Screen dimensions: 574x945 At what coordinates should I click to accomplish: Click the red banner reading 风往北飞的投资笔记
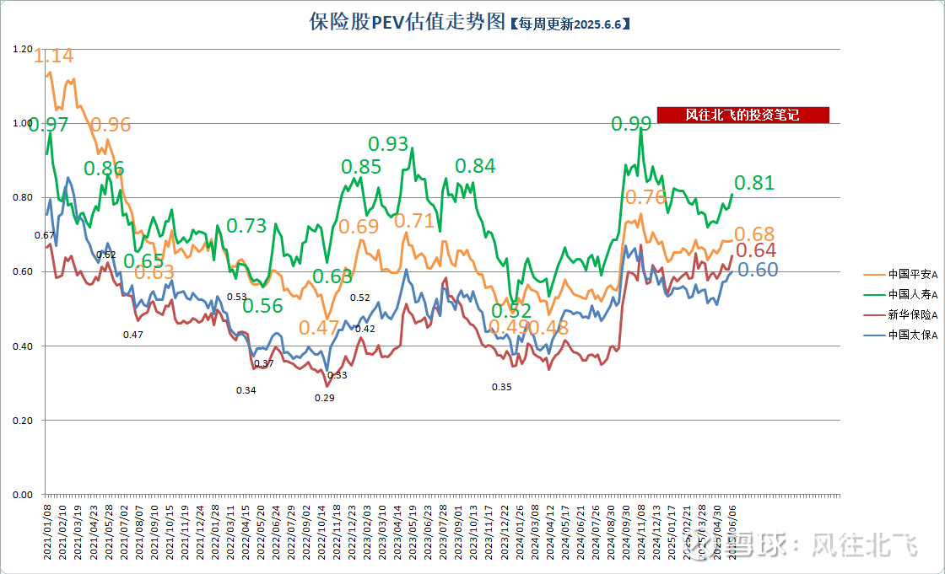tap(742, 115)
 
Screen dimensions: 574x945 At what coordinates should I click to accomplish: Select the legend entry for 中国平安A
tap(901, 274)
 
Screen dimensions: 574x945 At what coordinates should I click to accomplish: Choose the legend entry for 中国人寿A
tap(901, 294)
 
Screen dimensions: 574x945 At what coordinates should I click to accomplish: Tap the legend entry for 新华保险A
tap(901, 314)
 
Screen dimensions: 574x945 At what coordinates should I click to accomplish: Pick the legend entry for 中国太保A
tap(901, 335)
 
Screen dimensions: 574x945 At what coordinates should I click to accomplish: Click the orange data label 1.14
tap(53, 56)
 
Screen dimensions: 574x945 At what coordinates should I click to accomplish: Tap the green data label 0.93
tap(388, 144)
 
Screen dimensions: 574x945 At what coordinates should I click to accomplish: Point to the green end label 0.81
tap(753, 183)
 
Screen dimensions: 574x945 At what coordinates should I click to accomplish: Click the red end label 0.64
tap(756, 250)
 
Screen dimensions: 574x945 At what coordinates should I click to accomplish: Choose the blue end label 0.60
tap(758, 270)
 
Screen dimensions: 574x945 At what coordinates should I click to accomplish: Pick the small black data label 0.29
tap(324, 398)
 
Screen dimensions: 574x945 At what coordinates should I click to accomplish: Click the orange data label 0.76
tap(645, 198)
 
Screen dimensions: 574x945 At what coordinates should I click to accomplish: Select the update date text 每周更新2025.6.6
tap(570, 24)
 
